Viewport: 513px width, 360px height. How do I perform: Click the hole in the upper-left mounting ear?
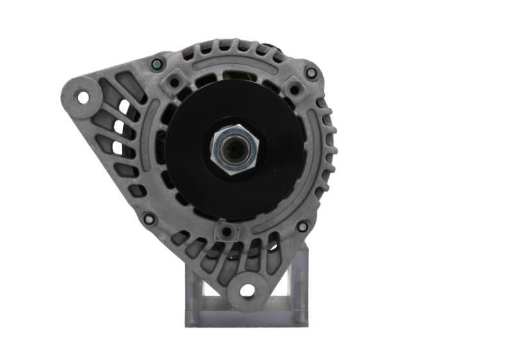83,98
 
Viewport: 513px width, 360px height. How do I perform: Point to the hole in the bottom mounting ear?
248,291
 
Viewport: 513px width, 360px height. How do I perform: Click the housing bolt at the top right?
311,73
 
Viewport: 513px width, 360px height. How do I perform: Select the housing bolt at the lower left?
149,219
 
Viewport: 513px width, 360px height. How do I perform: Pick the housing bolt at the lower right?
302,227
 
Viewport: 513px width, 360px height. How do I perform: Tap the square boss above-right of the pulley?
294,89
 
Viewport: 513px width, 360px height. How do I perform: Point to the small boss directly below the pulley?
224,230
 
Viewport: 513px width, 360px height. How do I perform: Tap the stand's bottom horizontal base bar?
246,318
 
